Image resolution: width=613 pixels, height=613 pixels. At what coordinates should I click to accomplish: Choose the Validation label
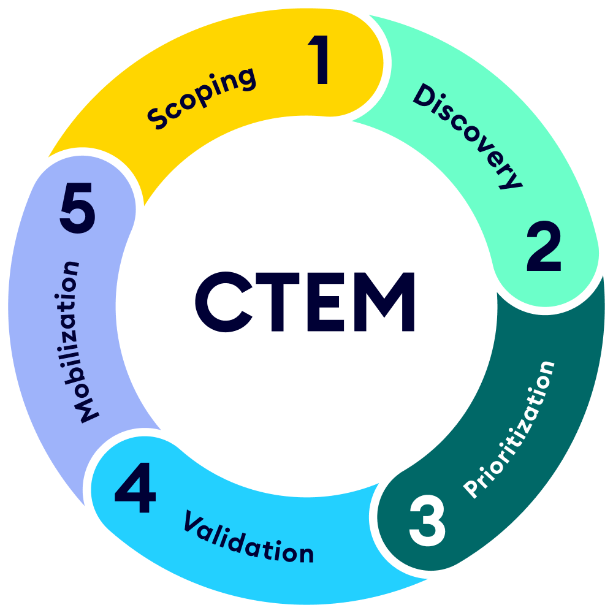click(248, 537)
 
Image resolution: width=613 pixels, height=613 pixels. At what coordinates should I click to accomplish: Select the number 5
click(78, 210)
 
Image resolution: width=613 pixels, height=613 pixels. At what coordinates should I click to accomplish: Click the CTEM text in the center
click(305, 303)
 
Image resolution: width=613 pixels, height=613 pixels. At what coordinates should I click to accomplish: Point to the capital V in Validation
click(194, 522)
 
